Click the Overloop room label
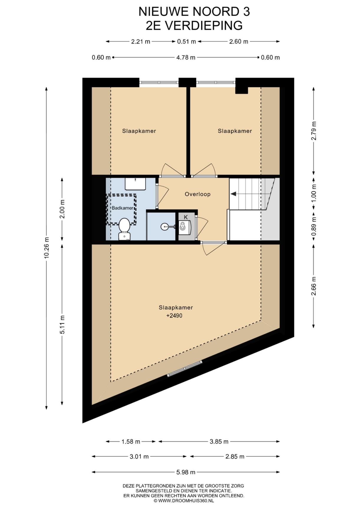coord(197,194)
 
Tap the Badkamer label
coord(122,208)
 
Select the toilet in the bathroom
coord(124,229)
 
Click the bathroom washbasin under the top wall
coord(136,184)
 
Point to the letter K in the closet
coord(186,217)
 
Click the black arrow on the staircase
coord(233,194)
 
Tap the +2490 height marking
coord(174,316)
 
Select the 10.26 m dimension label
coord(46,248)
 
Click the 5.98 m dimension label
coord(186,472)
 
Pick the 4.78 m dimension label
coord(186,57)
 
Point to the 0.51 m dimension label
coord(186,42)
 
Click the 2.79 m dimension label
coord(314,131)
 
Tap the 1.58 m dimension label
coord(131,442)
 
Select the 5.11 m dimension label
coord(62,325)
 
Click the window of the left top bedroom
coord(159,82)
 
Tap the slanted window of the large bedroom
coord(185,368)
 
